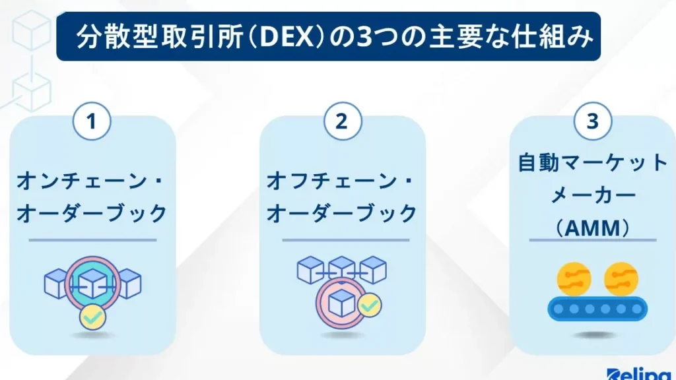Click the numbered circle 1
[x=92, y=123]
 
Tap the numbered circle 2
[x=342, y=123]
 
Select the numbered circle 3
[x=592, y=123]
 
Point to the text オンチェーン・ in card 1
[x=92, y=180]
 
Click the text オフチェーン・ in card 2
[x=342, y=180]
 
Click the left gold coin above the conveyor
[x=573, y=278]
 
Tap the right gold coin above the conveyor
[x=621, y=278]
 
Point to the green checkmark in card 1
[x=92, y=317]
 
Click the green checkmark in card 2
[x=369, y=305]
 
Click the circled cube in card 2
[x=342, y=302]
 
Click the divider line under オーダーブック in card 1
[x=92, y=240]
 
